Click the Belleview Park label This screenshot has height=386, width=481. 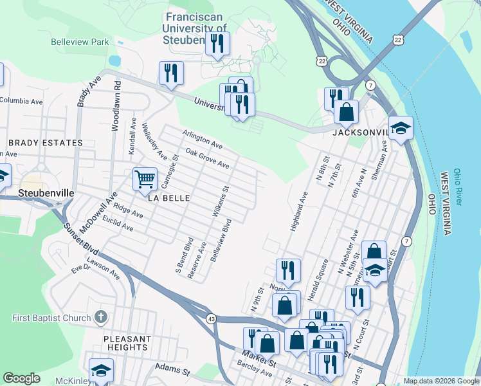coord(80,42)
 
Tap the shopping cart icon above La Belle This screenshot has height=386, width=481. coord(145,179)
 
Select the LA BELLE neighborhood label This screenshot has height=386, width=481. coord(169,198)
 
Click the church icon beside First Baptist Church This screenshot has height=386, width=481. coord(100,317)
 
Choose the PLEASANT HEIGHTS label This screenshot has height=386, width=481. coord(129,343)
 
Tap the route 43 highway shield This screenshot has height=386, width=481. coord(211,318)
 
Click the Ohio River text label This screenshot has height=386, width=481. coord(457,187)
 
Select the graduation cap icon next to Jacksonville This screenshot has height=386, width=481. coord(401,128)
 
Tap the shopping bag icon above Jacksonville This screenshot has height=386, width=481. coord(346,111)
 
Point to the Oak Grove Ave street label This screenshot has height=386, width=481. coord(207,158)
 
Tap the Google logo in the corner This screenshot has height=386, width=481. coord(21,378)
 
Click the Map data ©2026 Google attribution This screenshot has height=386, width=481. coord(440,381)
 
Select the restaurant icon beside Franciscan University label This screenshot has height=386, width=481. coord(216,44)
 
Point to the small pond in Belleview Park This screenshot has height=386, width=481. coord(114,60)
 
